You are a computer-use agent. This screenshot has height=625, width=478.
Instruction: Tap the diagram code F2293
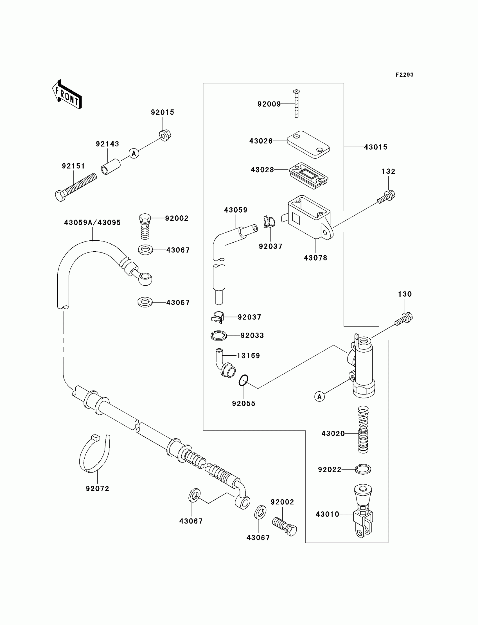pos(404,75)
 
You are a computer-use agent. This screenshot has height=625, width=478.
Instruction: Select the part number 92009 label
pos(269,104)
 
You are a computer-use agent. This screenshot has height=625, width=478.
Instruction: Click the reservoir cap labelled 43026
pos(308,144)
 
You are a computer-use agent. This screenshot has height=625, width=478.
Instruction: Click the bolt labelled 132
pos(387,197)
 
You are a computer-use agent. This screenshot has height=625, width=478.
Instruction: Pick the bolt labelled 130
pos(404,319)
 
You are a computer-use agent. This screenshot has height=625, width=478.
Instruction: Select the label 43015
pos(376,147)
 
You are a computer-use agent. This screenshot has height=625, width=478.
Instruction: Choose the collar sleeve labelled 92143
pos(111,167)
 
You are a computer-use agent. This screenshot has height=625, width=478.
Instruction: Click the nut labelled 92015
pos(165,136)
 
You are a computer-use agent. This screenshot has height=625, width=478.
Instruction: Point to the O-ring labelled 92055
pos(243,380)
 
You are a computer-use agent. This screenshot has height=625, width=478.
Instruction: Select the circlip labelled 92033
pos(218,336)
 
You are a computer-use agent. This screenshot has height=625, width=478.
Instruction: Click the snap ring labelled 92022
pos(363,469)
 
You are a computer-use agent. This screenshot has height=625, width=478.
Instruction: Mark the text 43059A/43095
pos(93,222)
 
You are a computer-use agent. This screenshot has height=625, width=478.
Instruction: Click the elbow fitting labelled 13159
pos(226,364)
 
